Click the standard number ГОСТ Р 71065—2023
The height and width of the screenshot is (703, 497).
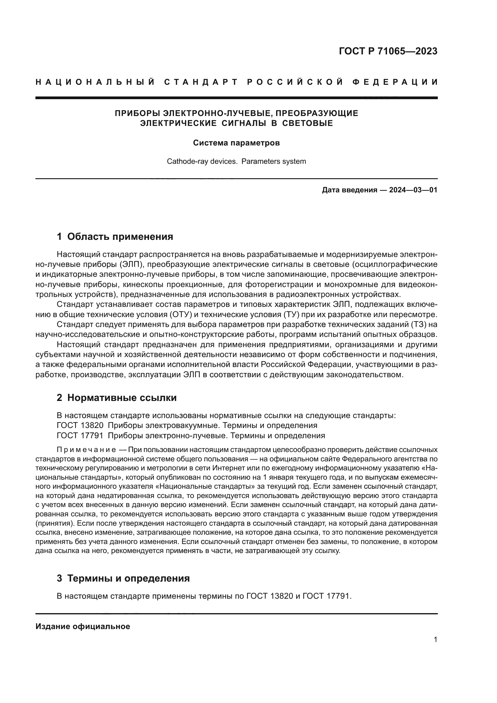[x=388, y=51]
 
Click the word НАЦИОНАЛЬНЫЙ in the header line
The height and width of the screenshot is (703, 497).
[x=95, y=82]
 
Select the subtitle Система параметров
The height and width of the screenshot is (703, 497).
[x=236, y=143]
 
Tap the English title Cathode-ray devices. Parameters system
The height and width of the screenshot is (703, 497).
[x=236, y=161]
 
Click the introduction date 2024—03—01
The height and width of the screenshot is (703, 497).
[x=413, y=190]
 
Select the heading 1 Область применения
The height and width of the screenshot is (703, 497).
[x=115, y=237]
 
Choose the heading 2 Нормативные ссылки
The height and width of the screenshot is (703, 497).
[x=117, y=398]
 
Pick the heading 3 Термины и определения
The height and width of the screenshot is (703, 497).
[x=123, y=578]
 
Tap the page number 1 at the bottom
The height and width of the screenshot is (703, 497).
[x=435, y=640]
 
